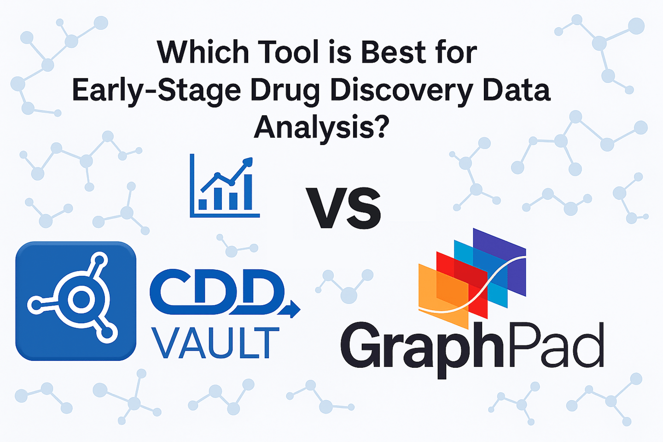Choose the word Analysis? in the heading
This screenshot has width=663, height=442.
(x=321, y=127)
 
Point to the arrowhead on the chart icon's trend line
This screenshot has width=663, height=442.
(x=248, y=162)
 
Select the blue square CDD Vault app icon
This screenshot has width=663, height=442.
(x=76, y=301)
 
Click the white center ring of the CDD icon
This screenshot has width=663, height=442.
(x=81, y=300)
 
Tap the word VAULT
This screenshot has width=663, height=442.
(x=215, y=343)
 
